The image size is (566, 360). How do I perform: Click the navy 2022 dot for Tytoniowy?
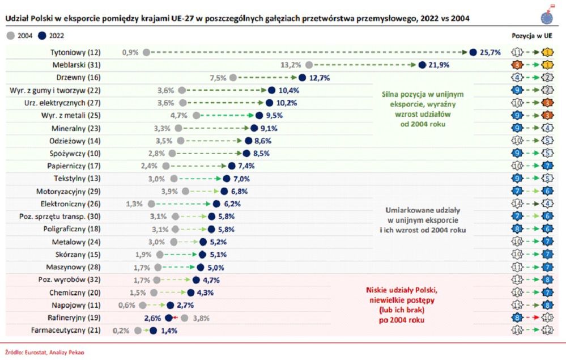click(473, 52)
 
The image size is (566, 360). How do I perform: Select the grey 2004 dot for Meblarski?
click(309, 65)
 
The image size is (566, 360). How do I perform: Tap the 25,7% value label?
click(491, 52)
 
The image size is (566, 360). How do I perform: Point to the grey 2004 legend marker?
click(10, 36)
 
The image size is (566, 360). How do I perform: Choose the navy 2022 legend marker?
click(42, 36)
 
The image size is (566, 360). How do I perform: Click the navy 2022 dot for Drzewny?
click(302, 78)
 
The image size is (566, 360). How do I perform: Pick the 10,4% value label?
click(288, 90)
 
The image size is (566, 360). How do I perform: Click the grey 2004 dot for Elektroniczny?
click(151, 203)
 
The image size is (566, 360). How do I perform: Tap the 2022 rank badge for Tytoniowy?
click(548, 52)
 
